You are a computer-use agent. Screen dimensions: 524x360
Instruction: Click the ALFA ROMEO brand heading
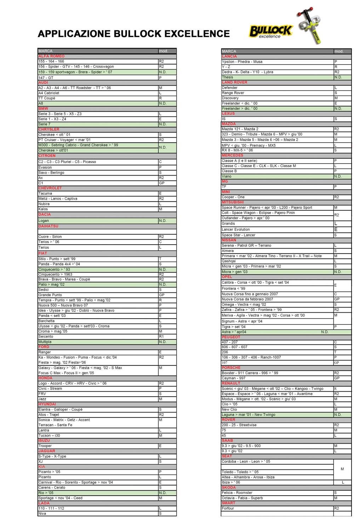[52, 56]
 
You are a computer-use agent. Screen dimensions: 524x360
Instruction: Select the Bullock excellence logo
[270, 32]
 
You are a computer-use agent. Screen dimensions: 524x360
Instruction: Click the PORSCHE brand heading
[231, 368]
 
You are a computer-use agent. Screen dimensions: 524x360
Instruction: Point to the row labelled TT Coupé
[47, 98]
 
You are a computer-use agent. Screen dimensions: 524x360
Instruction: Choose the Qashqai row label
[229, 261]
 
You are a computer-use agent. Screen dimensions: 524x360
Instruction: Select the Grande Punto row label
[50, 295]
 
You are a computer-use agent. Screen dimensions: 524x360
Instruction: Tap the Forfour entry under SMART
[228, 508]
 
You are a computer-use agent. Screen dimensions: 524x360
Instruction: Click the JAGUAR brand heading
[47, 451]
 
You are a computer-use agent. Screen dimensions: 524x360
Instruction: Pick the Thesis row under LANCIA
[228, 77]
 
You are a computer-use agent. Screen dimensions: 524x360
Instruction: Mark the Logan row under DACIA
[44, 221]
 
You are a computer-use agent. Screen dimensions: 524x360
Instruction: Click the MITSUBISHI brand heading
[233, 203]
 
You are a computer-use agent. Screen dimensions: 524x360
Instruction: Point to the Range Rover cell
[233, 93]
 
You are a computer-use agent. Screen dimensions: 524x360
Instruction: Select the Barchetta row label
[47, 321]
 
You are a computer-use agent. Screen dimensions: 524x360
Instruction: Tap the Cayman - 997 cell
[234, 378]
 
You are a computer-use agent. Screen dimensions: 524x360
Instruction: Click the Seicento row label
[46, 337]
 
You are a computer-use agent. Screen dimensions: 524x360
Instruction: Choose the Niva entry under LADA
[42, 514]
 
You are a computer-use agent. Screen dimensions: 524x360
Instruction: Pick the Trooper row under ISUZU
[45, 446]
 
